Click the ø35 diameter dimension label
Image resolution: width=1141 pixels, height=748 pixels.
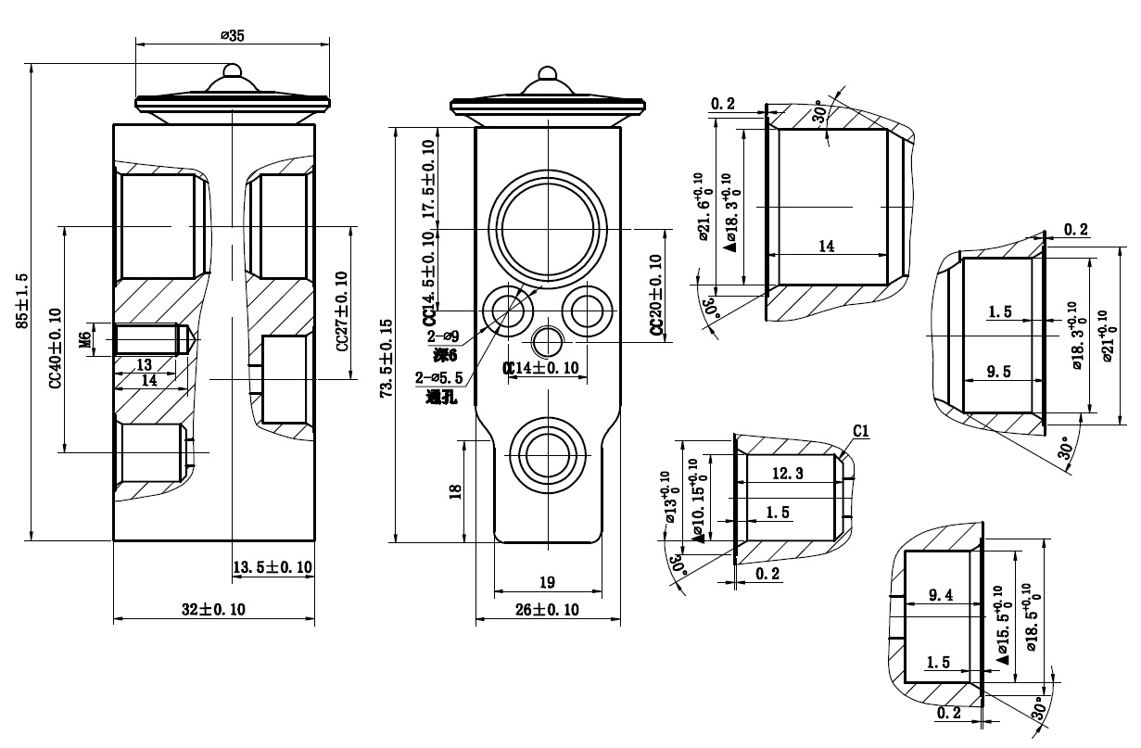(x=232, y=35)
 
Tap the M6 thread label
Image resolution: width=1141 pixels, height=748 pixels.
(x=85, y=339)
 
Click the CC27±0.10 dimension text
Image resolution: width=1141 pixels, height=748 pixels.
(x=341, y=311)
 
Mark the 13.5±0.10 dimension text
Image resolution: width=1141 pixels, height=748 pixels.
(x=272, y=567)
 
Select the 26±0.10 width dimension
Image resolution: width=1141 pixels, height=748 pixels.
(x=546, y=609)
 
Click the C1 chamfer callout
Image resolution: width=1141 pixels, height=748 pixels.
(x=861, y=431)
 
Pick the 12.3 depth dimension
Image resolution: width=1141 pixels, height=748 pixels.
(x=786, y=473)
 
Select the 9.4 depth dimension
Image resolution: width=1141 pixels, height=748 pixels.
(x=940, y=596)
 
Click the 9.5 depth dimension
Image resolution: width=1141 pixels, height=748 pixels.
(x=999, y=372)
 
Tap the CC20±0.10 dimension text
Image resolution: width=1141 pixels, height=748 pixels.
(x=656, y=295)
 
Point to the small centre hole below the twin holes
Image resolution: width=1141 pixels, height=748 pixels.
(x=547, y=341)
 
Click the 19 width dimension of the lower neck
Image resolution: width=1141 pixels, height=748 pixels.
(x=547, y=582)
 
